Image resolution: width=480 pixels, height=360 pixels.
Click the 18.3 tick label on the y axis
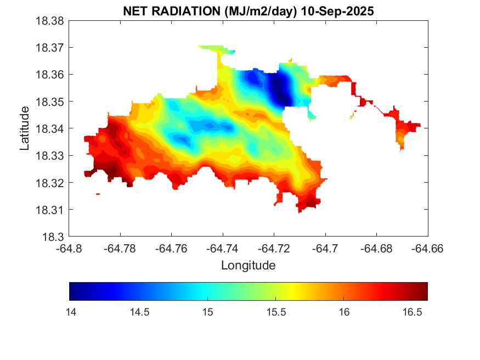(x=55, y=237)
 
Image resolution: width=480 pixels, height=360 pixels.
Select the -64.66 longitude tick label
(x=427, y=249)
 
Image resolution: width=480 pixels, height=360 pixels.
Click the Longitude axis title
(x=248, y=266)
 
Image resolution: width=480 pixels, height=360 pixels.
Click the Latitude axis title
(x=25, y=129)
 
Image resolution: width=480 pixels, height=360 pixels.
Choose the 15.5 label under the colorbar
(x=276, y=311)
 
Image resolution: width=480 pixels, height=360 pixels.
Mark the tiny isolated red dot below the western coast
(x=98, y=194)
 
